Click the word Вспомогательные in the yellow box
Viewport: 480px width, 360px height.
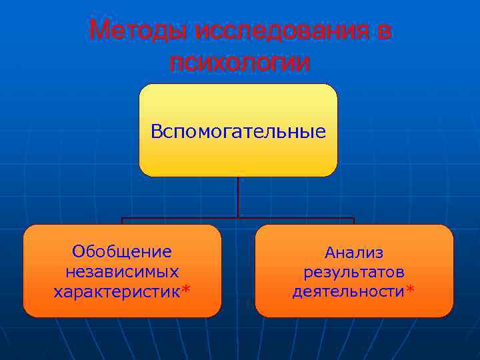(x=238, y=131)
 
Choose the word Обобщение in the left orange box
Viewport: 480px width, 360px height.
(x=122, y=251)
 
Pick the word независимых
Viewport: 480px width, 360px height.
(x=122, y=271)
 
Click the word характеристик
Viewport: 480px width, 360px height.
(x=116, y=291)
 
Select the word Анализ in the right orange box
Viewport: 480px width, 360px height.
(x=354, y=252)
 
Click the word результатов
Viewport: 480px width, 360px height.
(x=354, y=272)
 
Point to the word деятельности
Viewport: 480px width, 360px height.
(x=348, y=291)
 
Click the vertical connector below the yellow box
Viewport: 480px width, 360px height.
(x=238, y=197)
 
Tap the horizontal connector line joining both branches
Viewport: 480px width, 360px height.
(x=200, y=218)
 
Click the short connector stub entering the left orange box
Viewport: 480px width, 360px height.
(x=122, y=221)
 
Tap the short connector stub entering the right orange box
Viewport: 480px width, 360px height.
(x=354, y=221)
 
